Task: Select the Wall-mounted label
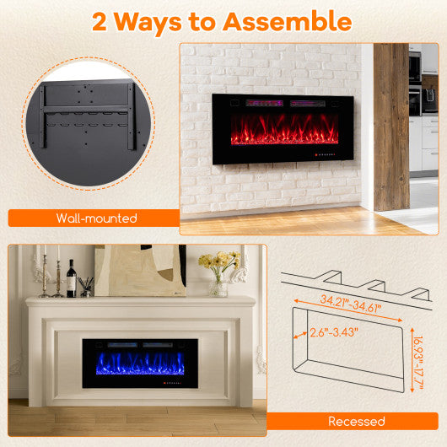[x=96, y=218]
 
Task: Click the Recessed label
[x=355, y=420]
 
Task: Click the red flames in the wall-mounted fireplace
[x=286, y=133]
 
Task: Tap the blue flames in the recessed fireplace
[x=139, y=364]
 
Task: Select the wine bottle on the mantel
[x=72, y=279]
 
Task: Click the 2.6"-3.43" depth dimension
[x=331, y=332]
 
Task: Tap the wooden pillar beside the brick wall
[x=390, y=127]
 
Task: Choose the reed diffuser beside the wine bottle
[x=86, y=287]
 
